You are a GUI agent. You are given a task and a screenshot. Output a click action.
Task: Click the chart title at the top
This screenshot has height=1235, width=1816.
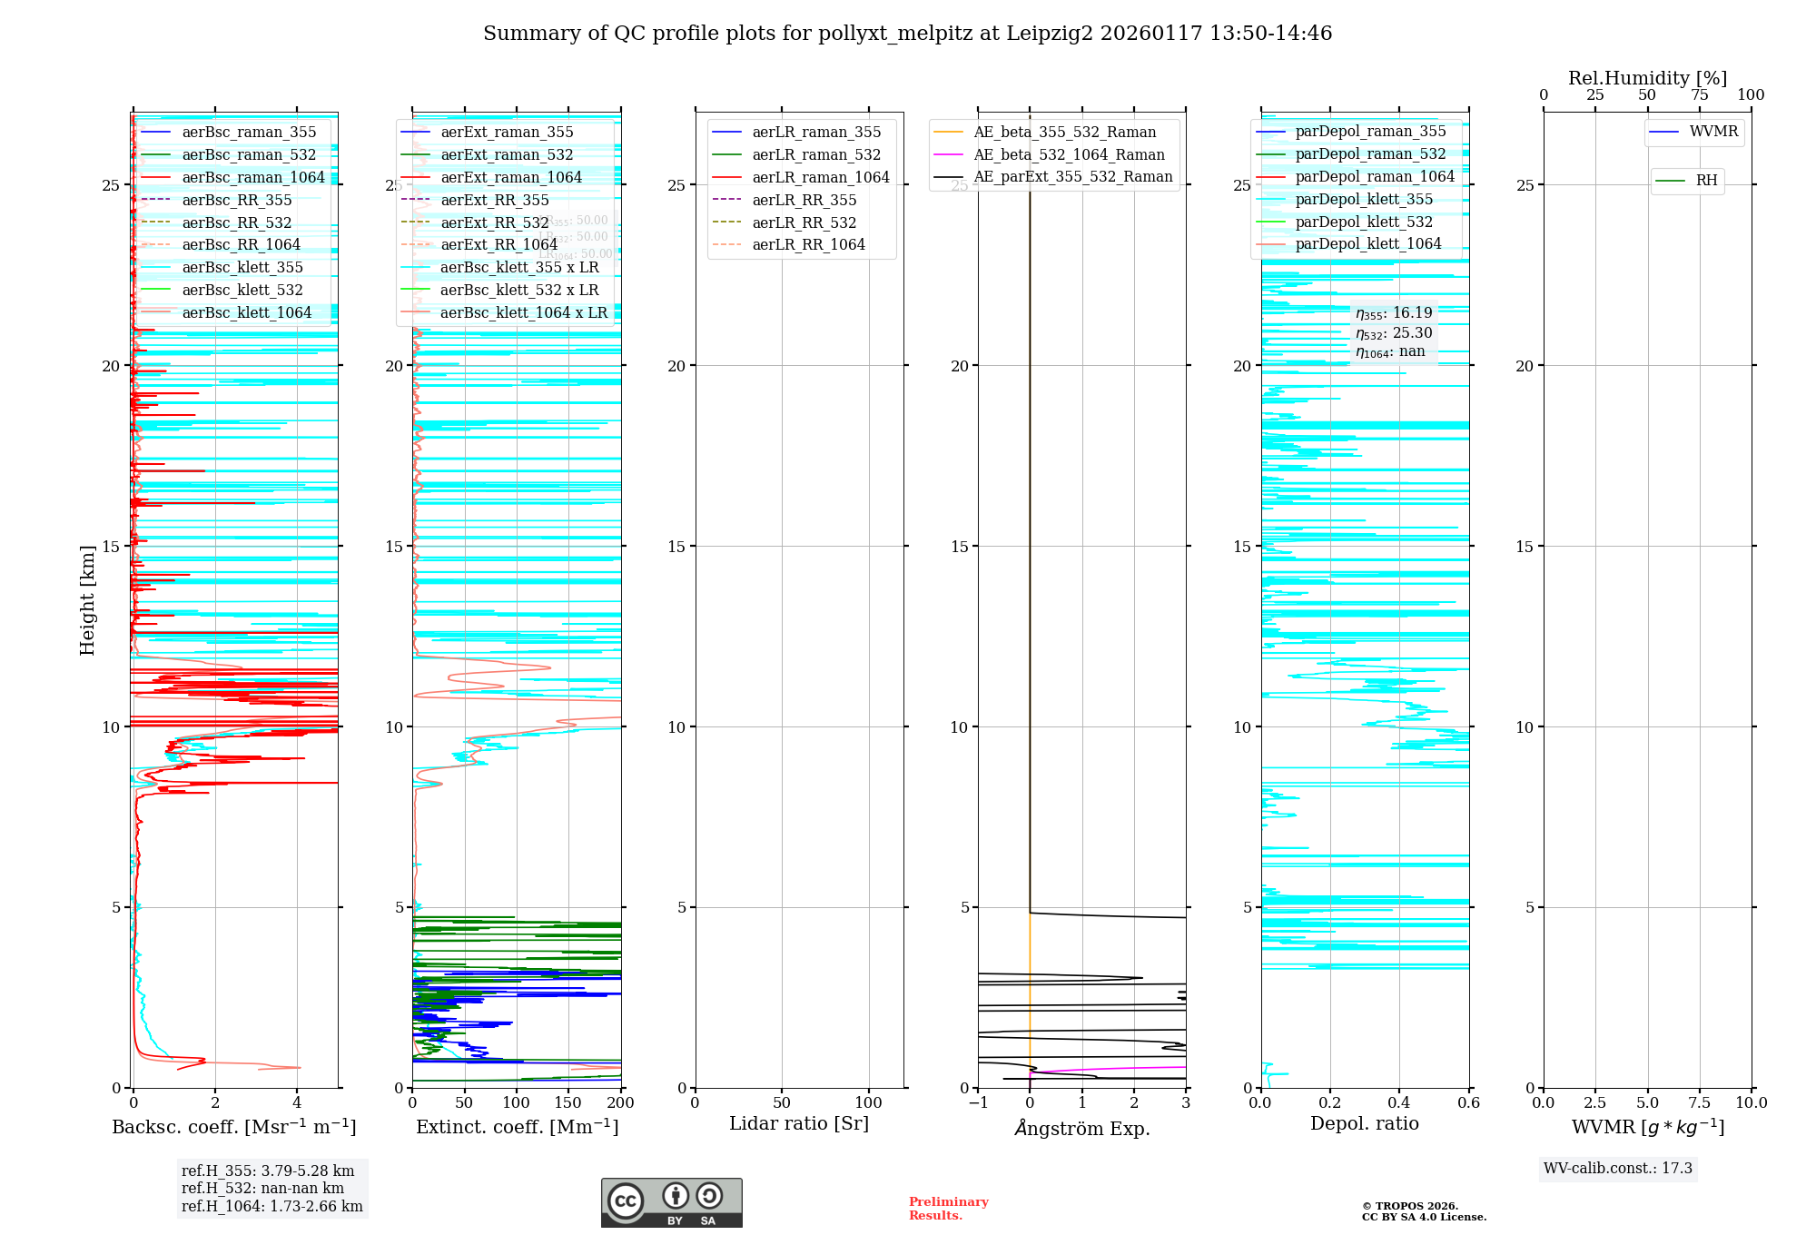pos(907,34)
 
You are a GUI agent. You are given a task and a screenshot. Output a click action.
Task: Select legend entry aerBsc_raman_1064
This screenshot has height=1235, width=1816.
pos(252,178)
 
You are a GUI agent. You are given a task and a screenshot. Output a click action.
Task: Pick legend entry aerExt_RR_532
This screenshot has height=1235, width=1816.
pos(494,222)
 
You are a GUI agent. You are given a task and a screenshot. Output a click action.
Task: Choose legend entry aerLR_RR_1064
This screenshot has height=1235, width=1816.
pos(808,245)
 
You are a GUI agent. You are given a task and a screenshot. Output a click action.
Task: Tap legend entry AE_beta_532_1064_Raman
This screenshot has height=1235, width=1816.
pos(1069,154)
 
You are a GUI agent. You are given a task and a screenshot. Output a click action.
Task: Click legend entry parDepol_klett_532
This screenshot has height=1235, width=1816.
pos(1363,222)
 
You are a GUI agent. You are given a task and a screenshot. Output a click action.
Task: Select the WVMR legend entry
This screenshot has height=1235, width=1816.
pos(1713,132)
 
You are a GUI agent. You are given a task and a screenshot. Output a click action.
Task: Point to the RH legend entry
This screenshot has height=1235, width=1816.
pos(1706,181)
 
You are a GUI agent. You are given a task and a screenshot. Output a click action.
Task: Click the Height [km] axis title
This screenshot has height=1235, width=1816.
pos(87,600)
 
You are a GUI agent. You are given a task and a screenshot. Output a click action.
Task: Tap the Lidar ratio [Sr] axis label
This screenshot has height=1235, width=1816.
pos(799,1123)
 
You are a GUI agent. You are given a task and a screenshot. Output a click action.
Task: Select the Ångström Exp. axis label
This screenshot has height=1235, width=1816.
pos(1081,1129)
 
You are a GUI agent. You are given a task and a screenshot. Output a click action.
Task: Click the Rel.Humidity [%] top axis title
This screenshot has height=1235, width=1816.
pos(1647,78)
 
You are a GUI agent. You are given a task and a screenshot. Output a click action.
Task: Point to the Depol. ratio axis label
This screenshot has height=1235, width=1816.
pos(1364,1123)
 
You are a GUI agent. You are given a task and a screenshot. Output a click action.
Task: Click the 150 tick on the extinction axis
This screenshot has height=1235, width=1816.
pos(568,1102)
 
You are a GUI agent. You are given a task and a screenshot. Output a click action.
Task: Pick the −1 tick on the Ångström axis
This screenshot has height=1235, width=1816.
pos(978,1102)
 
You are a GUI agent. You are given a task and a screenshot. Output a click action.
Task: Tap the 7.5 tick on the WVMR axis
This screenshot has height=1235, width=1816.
pos(1700,1102)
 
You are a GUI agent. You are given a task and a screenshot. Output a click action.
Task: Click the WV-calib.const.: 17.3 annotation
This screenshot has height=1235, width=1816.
pos(1617,1169)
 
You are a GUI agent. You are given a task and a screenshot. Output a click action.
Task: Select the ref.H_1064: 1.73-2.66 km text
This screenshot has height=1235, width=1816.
pos(271,1207)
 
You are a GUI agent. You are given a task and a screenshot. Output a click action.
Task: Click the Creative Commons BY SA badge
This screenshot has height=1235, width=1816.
pos(671,1202)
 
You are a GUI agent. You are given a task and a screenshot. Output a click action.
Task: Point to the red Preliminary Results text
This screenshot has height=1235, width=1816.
pos(948,1209)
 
